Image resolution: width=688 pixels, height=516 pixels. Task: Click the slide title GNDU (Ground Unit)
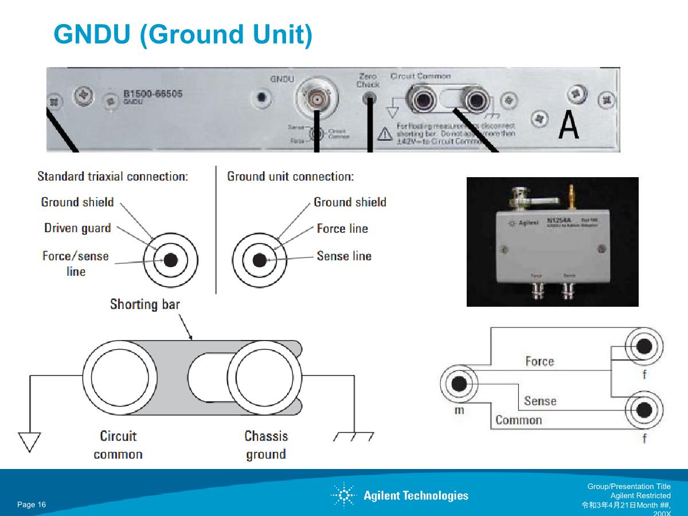coord(183,34)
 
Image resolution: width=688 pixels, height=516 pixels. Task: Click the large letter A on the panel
coord(568,125)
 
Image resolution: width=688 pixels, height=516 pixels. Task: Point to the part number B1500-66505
coord(153,94)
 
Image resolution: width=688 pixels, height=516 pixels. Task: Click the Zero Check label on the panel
coord(368,80)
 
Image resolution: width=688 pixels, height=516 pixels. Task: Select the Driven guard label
coord(77,228)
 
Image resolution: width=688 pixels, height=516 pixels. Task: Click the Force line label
coord(342,229)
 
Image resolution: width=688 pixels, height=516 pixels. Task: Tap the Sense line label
coord(344,256)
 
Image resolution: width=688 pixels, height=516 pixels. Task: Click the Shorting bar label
coord(144,304)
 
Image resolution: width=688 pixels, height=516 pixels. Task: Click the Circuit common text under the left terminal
coord(118,445)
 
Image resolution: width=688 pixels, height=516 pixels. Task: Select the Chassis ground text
coord(266,445)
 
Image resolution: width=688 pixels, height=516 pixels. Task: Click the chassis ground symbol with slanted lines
coord(353,436)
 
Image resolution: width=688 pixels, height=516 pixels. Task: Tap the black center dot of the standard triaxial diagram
coord(170,260)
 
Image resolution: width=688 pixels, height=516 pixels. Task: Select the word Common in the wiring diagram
coord(518,420)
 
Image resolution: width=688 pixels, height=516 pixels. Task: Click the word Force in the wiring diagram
coord(540,361)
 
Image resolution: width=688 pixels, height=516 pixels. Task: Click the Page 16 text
coord(32,505)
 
